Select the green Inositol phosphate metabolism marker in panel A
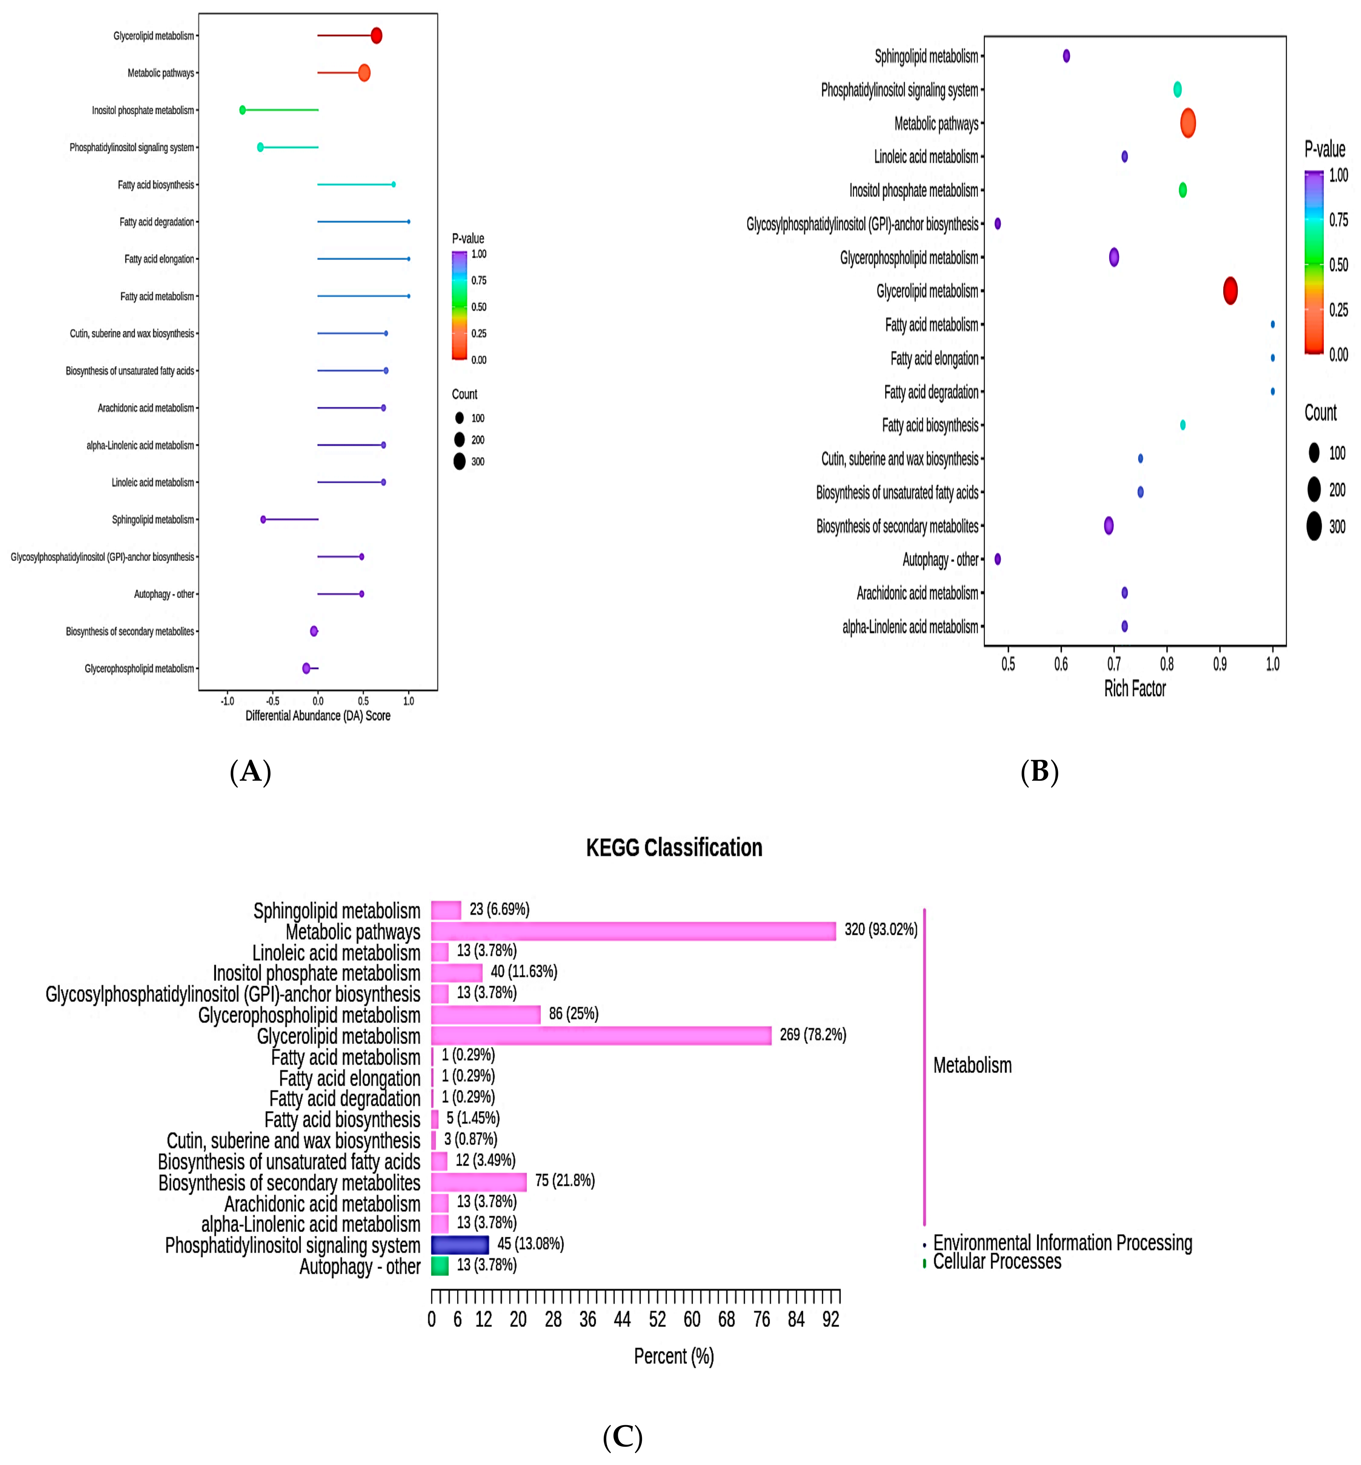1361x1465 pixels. click(242, 110)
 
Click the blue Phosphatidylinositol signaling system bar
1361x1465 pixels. click(460, 1245)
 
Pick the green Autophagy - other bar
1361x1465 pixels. click(440, 1265)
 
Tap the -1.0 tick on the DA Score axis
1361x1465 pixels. click(227, 701)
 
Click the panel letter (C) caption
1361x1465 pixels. click(622, 1437)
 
